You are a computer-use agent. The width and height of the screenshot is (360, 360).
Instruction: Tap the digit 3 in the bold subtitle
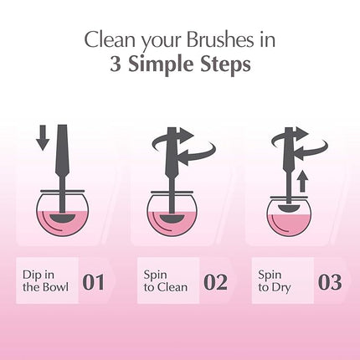click(x=116, y=65)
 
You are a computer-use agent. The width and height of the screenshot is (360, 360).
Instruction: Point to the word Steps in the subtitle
click(x=225, y=65)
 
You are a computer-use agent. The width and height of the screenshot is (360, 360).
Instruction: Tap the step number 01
click(x=93, y=281)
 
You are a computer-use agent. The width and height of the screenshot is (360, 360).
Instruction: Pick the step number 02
click(x=215, y=281)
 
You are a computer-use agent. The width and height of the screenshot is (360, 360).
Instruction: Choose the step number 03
click(x=330, y=281)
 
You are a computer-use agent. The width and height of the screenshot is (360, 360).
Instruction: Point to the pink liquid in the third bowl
click(x=290, y=226)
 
